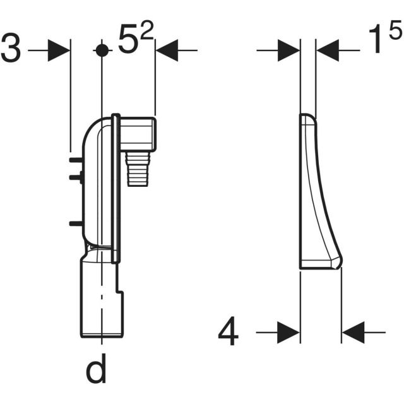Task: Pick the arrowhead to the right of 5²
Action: pos(167,50)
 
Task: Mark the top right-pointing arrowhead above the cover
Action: pos(289,50)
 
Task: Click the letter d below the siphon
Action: pos(96,371)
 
